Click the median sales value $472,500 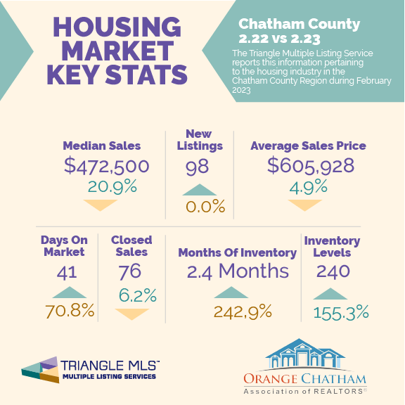click(x=107, y=166)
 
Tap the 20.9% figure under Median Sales click(x=112, y=186)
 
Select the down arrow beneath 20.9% click(x=101, y=205)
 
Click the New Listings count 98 click(x=197, y=167)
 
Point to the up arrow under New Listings click(x=199, y=190)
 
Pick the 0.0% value click(x=205, y=207)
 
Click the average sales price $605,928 click(x=311, y=165)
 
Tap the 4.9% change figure click(x=309, y=187)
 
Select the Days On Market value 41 click(x=67, y=273)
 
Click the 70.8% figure click(x=70, y=311)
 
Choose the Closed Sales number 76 click(x=129, y=271)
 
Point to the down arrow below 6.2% click(x=132, y=314)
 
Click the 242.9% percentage click(x=243, y=311)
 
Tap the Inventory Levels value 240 click(x=333, y=271)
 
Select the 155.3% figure click(x=341, y=312)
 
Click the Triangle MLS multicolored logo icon click(x=40, y=370)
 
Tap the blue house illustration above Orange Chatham click(x=305, y=354)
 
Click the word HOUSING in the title click(x=117, y=27)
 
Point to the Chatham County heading click(x=299, y=24)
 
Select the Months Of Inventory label click(x=238, y=253)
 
